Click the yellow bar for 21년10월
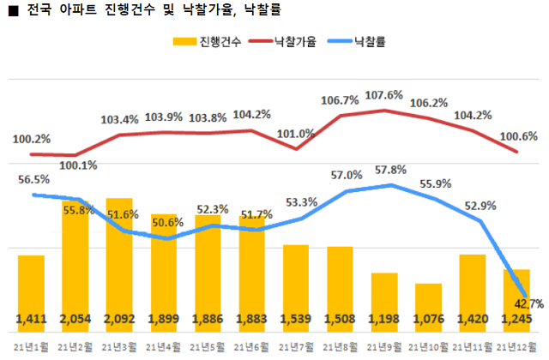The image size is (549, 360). pyautogui.click(x=428, y=304)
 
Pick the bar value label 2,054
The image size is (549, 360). pyautogui.click(x=75, y=320)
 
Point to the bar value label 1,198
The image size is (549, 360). pyautogui.click(x=384, y=320)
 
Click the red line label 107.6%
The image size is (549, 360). pyautogui.click(x=383, y=95)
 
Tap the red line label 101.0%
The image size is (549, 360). pyautogui.click(x=298, y=134)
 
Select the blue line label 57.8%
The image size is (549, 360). pyautogui.click(x=383, y=170)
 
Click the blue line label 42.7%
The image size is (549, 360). pyautogui.click(x=528, y=303)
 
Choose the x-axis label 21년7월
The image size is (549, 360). pyautogui.click(x=295, y=346)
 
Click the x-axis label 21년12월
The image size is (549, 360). pyautogui.click(x=518, y=346)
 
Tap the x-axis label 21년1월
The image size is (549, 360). pyautogui.click(x=31, y=346)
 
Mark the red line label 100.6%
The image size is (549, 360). pyautogui.click(x=518, y=136)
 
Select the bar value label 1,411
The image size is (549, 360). pyautogui.click(x=32, y=320)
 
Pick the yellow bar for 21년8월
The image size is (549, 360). pyautogui.click(x=340, y=283)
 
